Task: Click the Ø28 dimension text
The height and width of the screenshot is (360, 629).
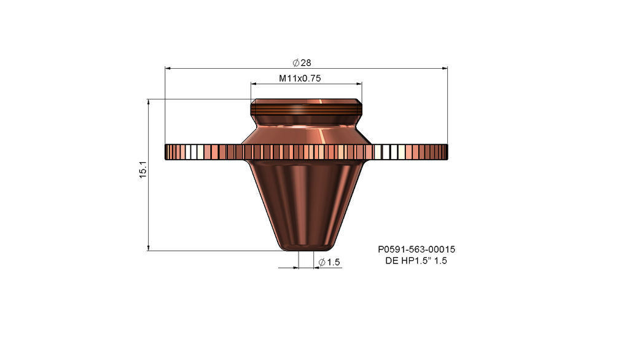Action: point(302,63)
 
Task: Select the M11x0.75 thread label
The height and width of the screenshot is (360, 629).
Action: point(300,78)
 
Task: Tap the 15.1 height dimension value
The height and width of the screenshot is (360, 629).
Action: point(143,170)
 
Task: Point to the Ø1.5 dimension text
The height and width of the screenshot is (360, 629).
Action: point(329,262)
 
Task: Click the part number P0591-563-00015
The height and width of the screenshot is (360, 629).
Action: point(416,250)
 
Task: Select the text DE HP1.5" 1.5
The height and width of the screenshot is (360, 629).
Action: point(416,261)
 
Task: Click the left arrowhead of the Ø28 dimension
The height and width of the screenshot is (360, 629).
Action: point(168,68)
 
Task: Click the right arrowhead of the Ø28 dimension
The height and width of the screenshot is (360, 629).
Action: point(444,68)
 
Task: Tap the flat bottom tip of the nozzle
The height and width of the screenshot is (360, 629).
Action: point(306,249)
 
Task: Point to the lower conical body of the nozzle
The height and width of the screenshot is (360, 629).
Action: point(306,203)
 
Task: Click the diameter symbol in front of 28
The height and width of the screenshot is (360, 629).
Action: point(296,63)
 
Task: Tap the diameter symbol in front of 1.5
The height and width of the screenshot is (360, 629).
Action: point(322,262)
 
